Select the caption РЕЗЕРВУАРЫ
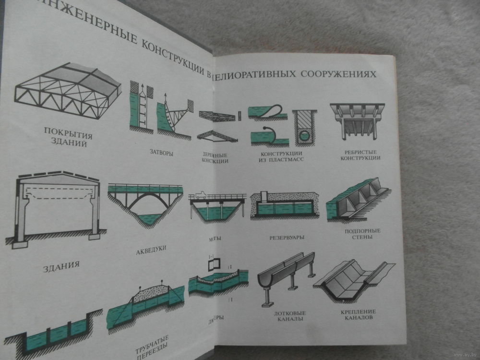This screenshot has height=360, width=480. click(x=287, y=237)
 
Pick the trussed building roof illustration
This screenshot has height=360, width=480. click(x=67, y=91)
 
